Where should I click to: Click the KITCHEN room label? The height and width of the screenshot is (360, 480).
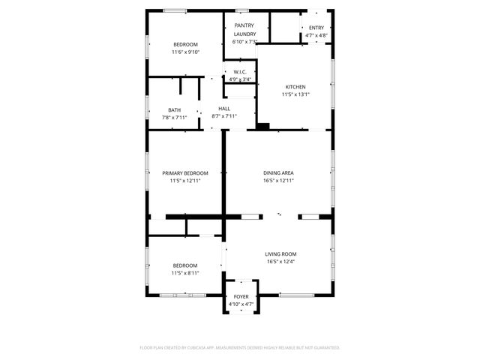[x=295, y=87]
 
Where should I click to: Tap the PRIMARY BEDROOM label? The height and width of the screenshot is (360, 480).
[x=185, y=173]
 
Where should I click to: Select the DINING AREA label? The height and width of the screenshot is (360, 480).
[x=278, y=172]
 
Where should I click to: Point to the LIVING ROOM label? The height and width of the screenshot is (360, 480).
[x=280, y=254]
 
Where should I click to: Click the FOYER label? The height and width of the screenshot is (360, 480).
[x=241, y=297]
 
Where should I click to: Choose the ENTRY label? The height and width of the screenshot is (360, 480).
[x=316, y=28]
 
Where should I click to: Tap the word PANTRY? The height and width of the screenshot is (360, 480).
[x=244, y=25]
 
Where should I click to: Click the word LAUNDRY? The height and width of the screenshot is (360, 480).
[x=244, y=34]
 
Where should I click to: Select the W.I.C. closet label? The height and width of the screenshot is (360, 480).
[x=240, y=72]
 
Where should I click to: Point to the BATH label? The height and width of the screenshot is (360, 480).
[x=174, y=110]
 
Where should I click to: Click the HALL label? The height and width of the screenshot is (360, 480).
[x=224, y=109]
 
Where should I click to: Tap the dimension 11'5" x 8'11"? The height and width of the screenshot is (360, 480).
[x=185, y=273]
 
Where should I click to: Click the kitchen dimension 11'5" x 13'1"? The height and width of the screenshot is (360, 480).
[x=295, y=94]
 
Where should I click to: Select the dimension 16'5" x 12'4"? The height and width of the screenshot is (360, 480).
[x=280, y=262]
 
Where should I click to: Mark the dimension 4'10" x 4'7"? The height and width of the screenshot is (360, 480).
[x=241, y=304]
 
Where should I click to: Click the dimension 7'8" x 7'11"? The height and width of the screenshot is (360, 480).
[x=174, y=118]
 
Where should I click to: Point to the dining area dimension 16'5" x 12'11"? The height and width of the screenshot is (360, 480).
[x=278, y=180]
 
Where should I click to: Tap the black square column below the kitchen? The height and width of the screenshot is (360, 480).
[x=262, y=126]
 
